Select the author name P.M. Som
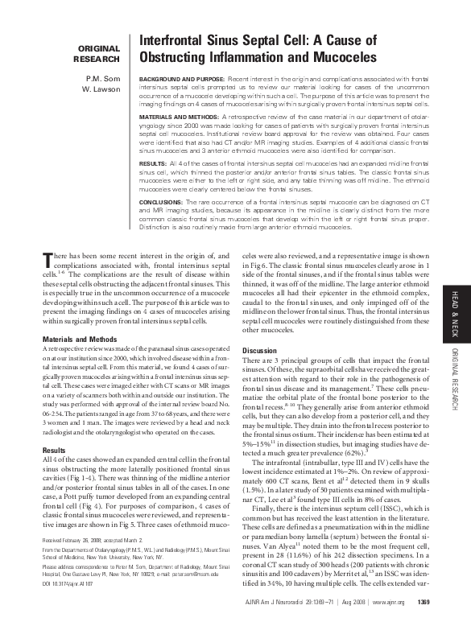[x=103, y=79]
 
